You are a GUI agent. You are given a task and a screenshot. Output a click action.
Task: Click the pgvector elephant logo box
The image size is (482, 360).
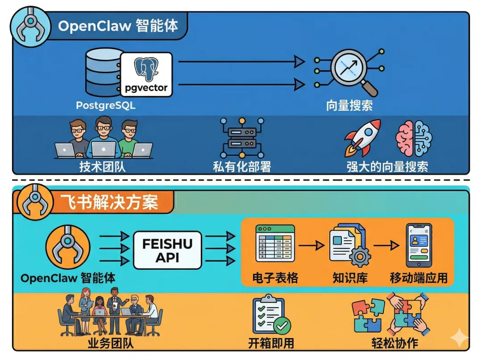146,74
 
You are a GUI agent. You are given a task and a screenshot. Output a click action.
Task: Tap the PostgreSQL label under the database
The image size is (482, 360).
106,106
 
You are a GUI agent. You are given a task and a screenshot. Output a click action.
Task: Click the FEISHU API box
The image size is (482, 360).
167,250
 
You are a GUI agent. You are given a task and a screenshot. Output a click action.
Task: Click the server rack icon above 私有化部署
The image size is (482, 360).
242,138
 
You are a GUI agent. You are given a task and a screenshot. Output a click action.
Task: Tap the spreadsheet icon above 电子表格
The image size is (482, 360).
274,244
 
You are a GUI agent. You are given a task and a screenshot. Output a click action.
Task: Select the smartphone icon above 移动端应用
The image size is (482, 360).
418,245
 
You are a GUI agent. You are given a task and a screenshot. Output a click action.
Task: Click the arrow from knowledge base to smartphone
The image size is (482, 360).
386,245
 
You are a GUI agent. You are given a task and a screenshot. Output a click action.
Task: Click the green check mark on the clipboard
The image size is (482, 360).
282,326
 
